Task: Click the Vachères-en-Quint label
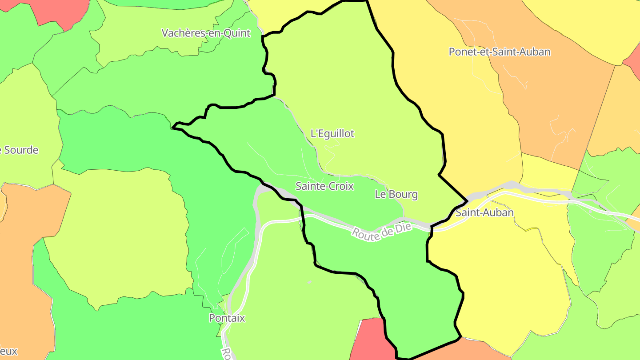tap(206, 33)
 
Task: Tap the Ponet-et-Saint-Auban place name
tap(499, 52)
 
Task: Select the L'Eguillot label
tap(332, 133)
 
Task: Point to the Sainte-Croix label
tap(324, 186)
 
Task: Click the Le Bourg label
tap(396, 194)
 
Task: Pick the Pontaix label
tap(227, 318)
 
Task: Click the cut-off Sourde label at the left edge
tap(20, 150)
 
